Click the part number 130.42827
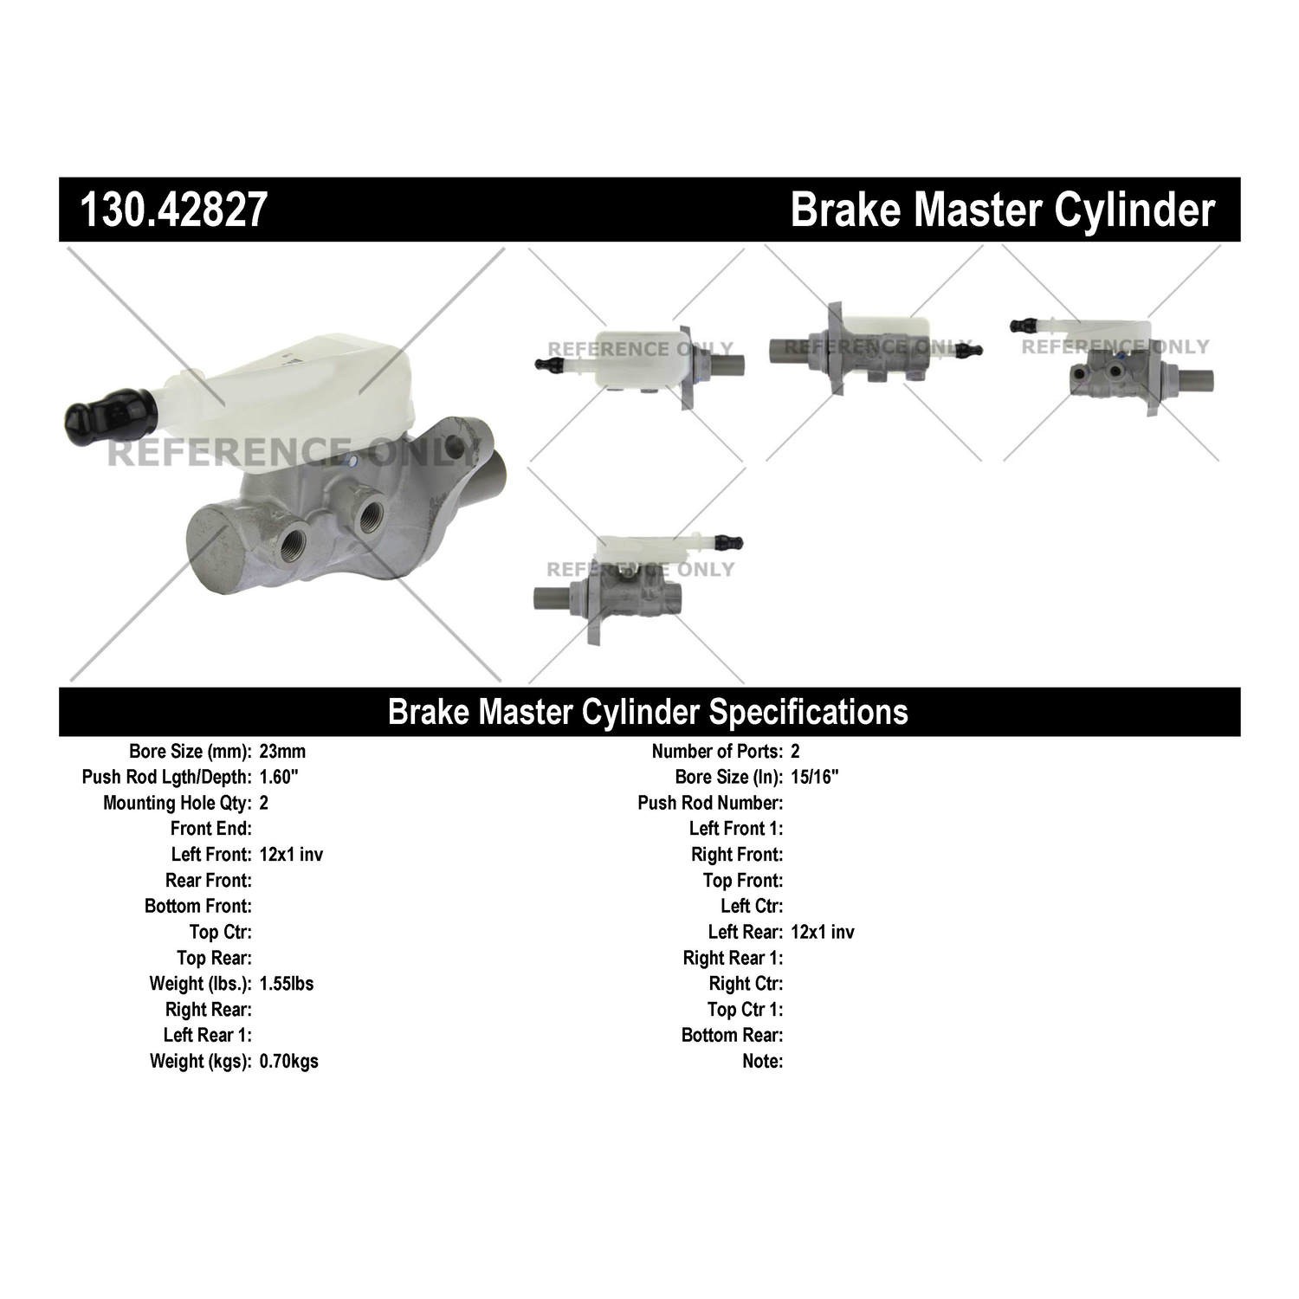point(172,210)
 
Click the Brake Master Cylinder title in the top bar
point(1003,210)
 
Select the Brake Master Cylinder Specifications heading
point(648,711)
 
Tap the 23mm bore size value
point(282,752)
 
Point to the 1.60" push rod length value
point(279,777)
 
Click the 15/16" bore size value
point(815,777)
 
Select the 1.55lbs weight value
point(287,984)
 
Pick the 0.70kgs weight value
point(288,1061)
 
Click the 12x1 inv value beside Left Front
point(291,855)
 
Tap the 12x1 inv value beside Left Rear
point(823,932)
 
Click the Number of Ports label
point(718,752)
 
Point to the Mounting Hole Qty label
point(178,803)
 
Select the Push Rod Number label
point(710,803)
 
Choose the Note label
point(763,1061)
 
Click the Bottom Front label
point(198,906)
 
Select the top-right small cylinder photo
point(1111,359)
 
